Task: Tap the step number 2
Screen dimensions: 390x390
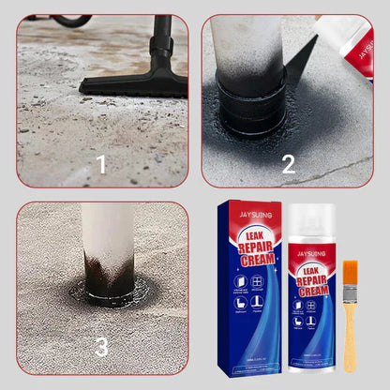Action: (x=288, y=164)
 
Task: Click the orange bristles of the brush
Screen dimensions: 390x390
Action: (x=350, y=274)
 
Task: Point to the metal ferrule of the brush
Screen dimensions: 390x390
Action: (x=350, y=292)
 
